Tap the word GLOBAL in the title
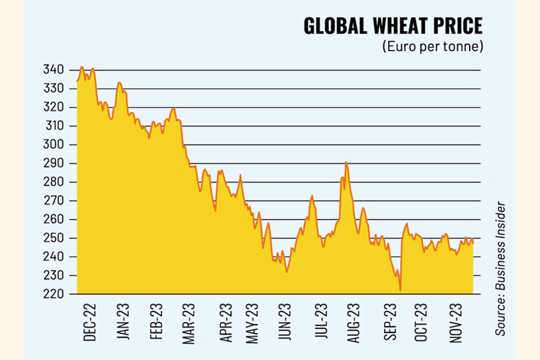point(333,26)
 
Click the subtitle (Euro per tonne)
point(433,47)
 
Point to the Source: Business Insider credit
point(500,269)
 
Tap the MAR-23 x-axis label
point(190,322)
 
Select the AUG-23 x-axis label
point(354,322)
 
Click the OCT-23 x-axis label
point(421,322)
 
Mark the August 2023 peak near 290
point(346,162)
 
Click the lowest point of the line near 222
point(400,290)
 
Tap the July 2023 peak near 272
point(312,196)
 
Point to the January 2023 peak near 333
point(119,82)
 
